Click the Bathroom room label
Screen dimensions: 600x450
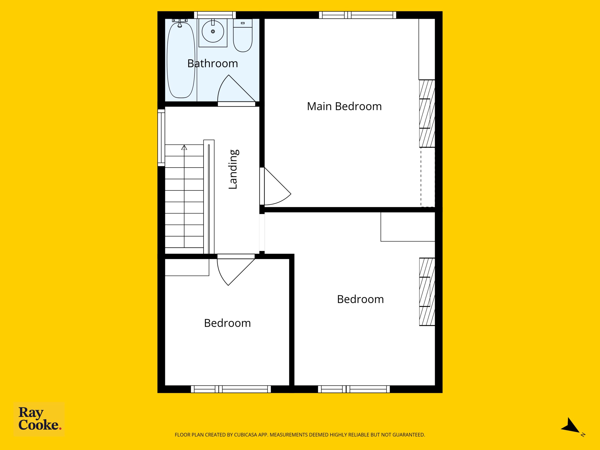(213, 64)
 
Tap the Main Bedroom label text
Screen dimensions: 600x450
(344, 106)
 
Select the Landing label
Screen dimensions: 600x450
(233, 169)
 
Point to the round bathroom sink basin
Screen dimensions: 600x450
(213, 31)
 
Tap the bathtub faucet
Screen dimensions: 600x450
(180, 23)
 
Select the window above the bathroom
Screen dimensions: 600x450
(215, 15)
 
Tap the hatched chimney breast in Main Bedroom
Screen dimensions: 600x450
(427, 113)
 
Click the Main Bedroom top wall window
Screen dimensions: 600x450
(357, 15)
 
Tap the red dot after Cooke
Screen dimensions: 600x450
(60, 429)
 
